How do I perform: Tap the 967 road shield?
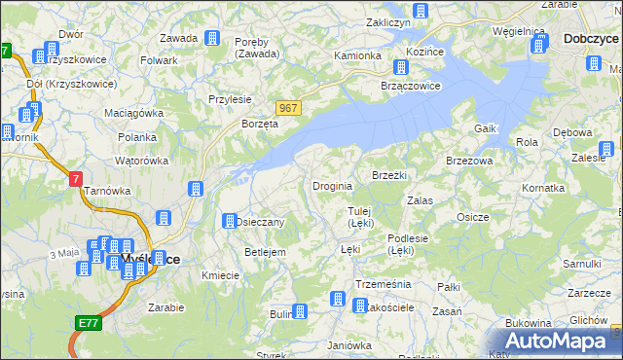click(286, 108)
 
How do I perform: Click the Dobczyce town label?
click(590, 39)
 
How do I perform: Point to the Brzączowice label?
click(410, 85)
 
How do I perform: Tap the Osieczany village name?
click(260, 222)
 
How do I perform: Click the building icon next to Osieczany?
click(231, 221)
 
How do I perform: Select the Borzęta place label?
click(260, 124)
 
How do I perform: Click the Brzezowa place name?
click(469, 161)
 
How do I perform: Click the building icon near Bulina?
click(300, 312)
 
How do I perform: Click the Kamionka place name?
click(357, 55)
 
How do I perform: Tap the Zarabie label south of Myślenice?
click(166, 306)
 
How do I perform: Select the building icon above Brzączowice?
click(399, 67)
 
